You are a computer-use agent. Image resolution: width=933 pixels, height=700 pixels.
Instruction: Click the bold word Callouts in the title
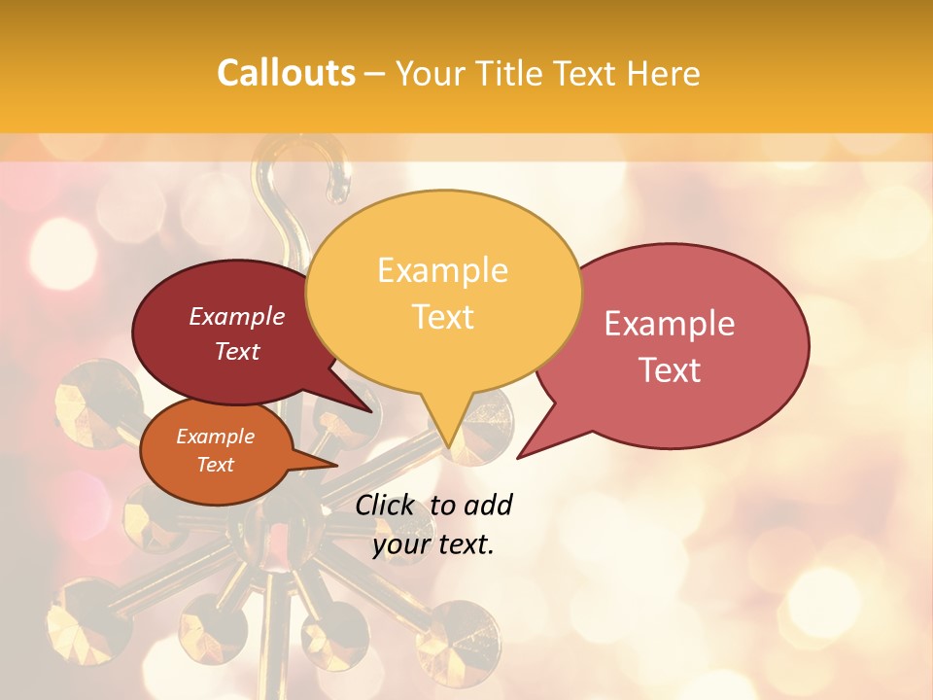286,73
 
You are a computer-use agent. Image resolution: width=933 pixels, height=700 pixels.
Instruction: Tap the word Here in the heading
664,73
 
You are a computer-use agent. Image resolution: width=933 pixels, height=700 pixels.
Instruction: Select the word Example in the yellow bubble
442,270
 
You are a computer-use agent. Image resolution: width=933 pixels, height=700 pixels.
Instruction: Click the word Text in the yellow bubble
442,316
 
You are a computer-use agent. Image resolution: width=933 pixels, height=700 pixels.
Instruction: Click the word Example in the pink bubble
670,324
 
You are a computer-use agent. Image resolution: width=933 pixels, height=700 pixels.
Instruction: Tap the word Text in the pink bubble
670,369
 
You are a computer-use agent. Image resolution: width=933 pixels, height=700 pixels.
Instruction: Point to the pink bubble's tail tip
518,457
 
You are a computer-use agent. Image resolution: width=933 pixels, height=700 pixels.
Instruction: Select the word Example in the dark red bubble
237,316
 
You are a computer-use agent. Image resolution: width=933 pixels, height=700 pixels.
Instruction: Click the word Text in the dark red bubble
237,351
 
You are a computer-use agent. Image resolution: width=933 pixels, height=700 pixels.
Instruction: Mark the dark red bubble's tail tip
372,411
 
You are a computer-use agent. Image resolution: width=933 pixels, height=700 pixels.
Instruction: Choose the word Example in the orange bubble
215,437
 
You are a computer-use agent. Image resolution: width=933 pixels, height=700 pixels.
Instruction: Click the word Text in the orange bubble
215,465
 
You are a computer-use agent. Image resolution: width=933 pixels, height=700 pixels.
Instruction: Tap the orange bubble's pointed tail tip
337,465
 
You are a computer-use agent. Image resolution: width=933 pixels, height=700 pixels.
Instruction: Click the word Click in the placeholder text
387,505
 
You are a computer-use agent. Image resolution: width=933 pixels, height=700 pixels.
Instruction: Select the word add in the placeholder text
488,505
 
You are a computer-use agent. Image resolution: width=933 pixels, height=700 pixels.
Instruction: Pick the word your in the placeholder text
400,544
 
